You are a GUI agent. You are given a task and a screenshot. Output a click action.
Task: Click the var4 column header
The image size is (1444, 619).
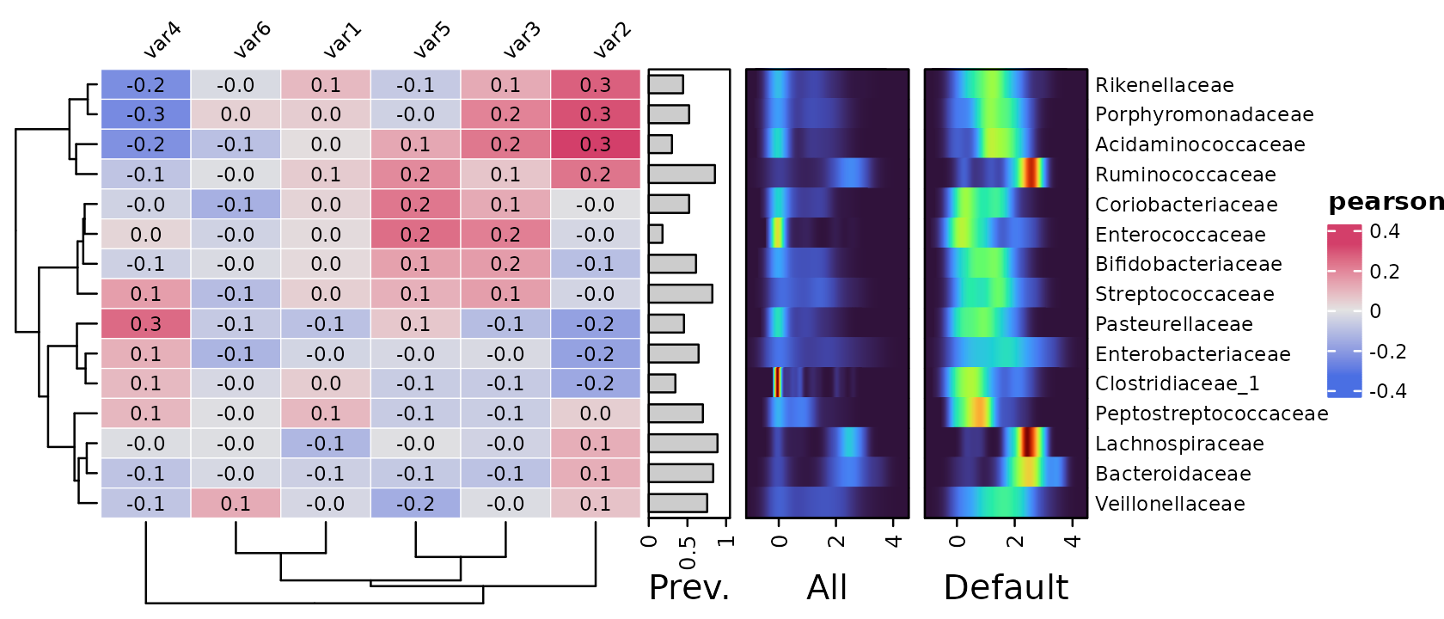(x=162, y=40)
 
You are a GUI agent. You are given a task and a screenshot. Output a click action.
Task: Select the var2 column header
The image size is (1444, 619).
(x=612, y=40)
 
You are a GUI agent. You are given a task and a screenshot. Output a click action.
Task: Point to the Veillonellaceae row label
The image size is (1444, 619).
(x=1170, y=504)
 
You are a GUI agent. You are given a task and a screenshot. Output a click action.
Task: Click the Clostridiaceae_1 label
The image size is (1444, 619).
(x=1178, y=383)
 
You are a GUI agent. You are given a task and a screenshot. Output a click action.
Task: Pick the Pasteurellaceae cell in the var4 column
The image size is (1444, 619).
(x=146, y=323)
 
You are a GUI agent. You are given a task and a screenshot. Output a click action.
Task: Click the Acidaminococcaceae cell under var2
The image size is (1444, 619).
(x=595, y=144)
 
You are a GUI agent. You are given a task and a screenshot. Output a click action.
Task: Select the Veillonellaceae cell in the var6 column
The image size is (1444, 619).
(x=236, y=504)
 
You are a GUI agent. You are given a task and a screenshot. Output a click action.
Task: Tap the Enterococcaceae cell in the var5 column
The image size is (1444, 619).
(x=415, y=234)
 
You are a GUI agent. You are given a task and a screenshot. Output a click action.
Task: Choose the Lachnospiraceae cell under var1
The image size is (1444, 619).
(x=326, y=444)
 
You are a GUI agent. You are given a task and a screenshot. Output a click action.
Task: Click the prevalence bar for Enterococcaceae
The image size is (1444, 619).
(x=656, y=234)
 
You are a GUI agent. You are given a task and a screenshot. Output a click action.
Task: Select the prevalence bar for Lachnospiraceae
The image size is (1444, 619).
(x=682, y=444)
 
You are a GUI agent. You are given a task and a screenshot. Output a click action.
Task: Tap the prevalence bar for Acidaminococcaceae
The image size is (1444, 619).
(x=660, y=144)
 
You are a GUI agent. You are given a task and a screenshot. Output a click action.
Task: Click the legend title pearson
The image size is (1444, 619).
(x=1386, y=203)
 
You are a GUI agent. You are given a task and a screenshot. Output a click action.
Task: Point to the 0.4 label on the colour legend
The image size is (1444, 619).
(x=1385, y=231)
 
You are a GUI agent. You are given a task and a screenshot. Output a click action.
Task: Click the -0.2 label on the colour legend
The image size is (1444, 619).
(x=1388, y=352)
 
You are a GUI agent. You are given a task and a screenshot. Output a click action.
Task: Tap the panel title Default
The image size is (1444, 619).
(x=1006, y=587)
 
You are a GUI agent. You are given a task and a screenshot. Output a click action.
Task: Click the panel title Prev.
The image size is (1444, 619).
(x=689, y=587)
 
